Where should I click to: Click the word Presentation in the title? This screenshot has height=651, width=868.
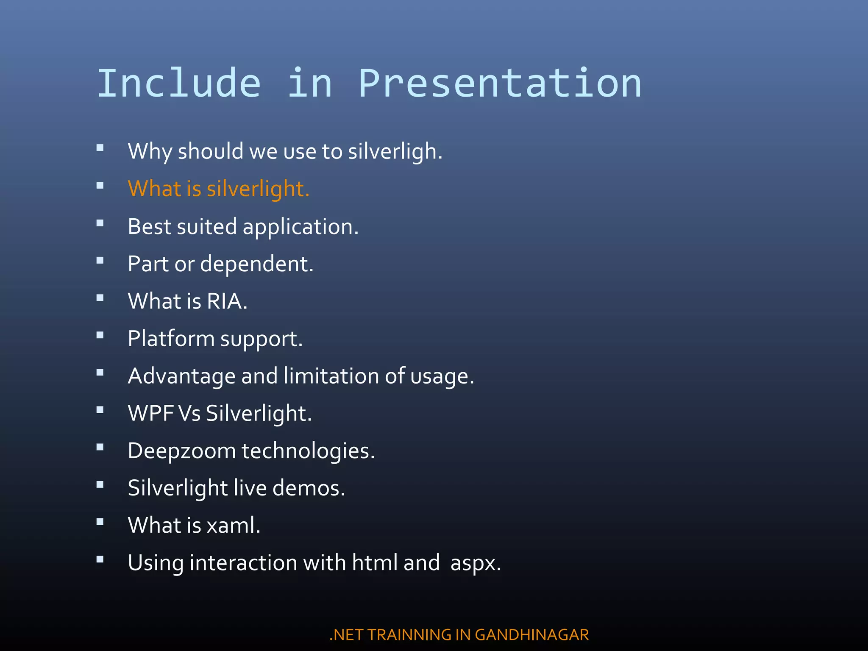500,83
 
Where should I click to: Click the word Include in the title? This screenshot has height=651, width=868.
179,83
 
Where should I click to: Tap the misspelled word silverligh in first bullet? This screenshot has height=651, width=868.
394,151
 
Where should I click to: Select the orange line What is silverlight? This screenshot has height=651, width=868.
218,189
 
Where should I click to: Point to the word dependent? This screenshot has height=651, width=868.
256,264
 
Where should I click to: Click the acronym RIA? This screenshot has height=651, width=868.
226,301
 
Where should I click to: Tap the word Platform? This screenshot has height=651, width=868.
171,339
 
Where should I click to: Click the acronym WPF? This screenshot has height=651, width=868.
151,413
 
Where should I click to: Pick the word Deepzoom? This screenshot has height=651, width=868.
181,451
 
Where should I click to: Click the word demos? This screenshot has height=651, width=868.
308,488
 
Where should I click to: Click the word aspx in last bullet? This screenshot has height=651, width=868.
475,563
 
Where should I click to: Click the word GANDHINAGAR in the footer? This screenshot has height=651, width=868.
531,635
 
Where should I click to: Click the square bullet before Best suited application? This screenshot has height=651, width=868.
100,223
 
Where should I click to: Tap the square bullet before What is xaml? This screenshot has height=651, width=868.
100,522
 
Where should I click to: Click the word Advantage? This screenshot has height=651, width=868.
181,376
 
